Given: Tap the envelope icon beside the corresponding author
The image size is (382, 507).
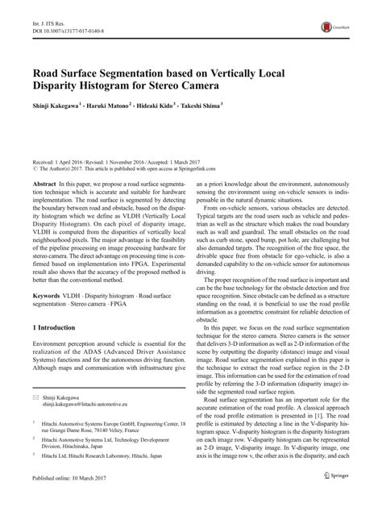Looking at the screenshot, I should tap(36, 422).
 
